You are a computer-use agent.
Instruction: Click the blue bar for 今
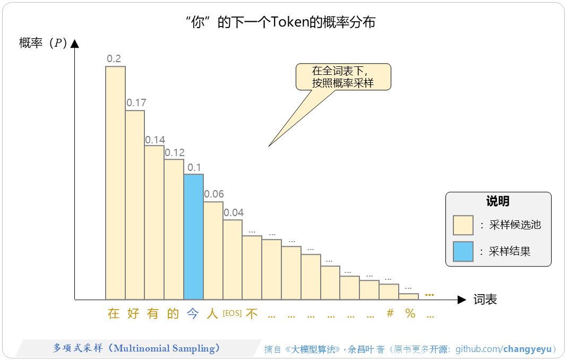(x=193, y=237)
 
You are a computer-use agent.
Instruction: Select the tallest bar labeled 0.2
(x=115, y=183)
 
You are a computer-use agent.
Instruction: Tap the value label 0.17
(x=136, y=102)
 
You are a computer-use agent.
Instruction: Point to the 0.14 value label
(x=155, y=140)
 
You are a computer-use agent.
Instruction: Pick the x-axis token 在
(x=114, y=313)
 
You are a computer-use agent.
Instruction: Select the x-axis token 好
(x=133, y=313)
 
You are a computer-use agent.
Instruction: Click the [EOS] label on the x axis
(x=232, y=313)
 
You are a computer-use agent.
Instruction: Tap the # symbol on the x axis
(x=390, y=313)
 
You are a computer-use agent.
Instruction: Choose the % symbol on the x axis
(x=410, y=313)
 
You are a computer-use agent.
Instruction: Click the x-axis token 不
(x=252, y=313)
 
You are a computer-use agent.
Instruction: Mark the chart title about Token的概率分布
(x=281, y=22)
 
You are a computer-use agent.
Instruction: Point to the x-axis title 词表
(x=485, y=299)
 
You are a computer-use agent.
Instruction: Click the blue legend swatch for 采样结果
(x=463, y=251)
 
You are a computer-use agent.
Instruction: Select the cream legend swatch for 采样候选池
(x=463, y=225)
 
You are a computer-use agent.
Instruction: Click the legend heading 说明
(x=497, y=201)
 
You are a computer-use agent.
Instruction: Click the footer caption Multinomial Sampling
(x=136, y=348)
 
